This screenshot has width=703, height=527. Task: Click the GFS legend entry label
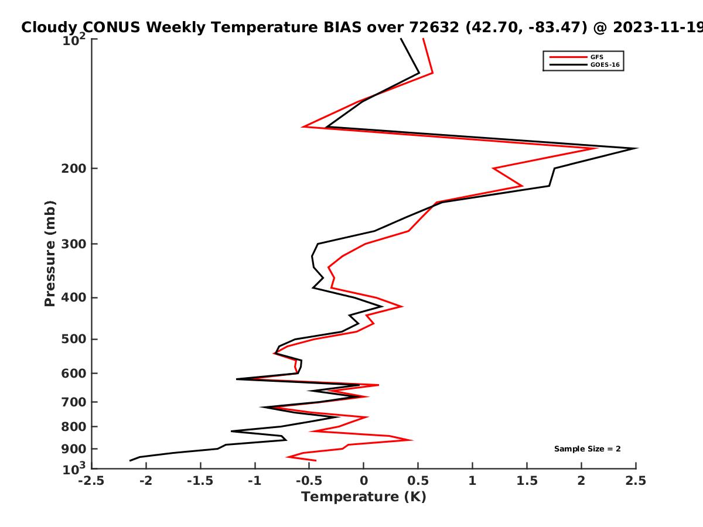(596, 57)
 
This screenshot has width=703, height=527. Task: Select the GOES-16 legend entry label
(605, 65)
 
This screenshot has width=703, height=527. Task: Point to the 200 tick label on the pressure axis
(74, 169)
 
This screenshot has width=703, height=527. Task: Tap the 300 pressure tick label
(74, 244)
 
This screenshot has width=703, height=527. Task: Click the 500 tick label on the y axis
(74, 339)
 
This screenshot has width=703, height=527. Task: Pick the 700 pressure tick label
(74, 402)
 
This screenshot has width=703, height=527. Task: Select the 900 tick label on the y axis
(74, 449)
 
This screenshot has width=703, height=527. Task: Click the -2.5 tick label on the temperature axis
(91, 481)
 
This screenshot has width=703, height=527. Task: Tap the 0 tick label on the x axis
(364, 481)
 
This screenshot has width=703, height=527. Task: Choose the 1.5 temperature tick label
(527, 481)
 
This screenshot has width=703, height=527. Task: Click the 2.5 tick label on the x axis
(636, 481)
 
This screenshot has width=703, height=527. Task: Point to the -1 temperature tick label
(255, 481)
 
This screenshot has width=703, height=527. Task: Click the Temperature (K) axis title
(364, 497)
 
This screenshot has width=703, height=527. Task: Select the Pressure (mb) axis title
(50, 254)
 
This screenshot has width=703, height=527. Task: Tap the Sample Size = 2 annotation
(588, 449)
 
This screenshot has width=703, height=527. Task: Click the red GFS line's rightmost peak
(596, 148)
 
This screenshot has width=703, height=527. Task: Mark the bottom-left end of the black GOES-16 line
(130, 461)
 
